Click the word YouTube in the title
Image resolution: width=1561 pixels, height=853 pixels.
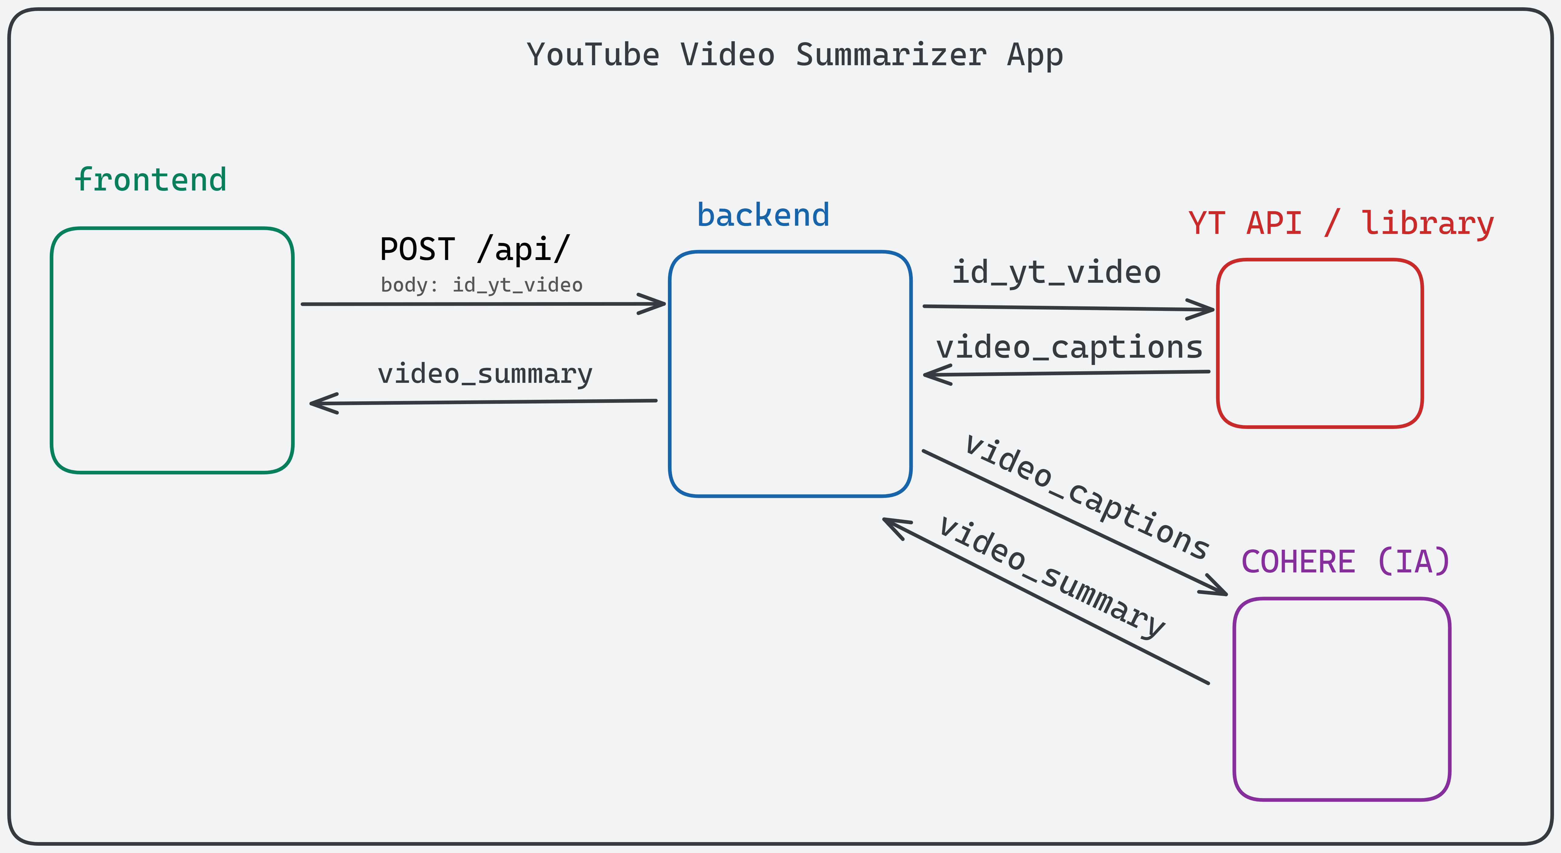pyautogui.click(x=593, y=55)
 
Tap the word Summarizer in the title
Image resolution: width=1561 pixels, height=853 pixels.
pyautogui.click(x=891, y=55)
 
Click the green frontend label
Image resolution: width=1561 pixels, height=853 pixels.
pyautogui.click(x=150, y=180)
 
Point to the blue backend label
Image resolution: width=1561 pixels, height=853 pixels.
pyautogui.click(x=763, y=215)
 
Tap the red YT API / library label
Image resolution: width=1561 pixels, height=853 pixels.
pyautogui.click(x=1340, y=224)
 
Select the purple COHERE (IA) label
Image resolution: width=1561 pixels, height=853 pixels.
pyautogui.click(x=1345, y=561)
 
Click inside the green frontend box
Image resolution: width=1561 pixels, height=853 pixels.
pyautogui.click(x=172, y=350)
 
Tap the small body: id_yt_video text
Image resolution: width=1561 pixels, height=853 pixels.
pyautogui.click(x=481, y=285)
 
